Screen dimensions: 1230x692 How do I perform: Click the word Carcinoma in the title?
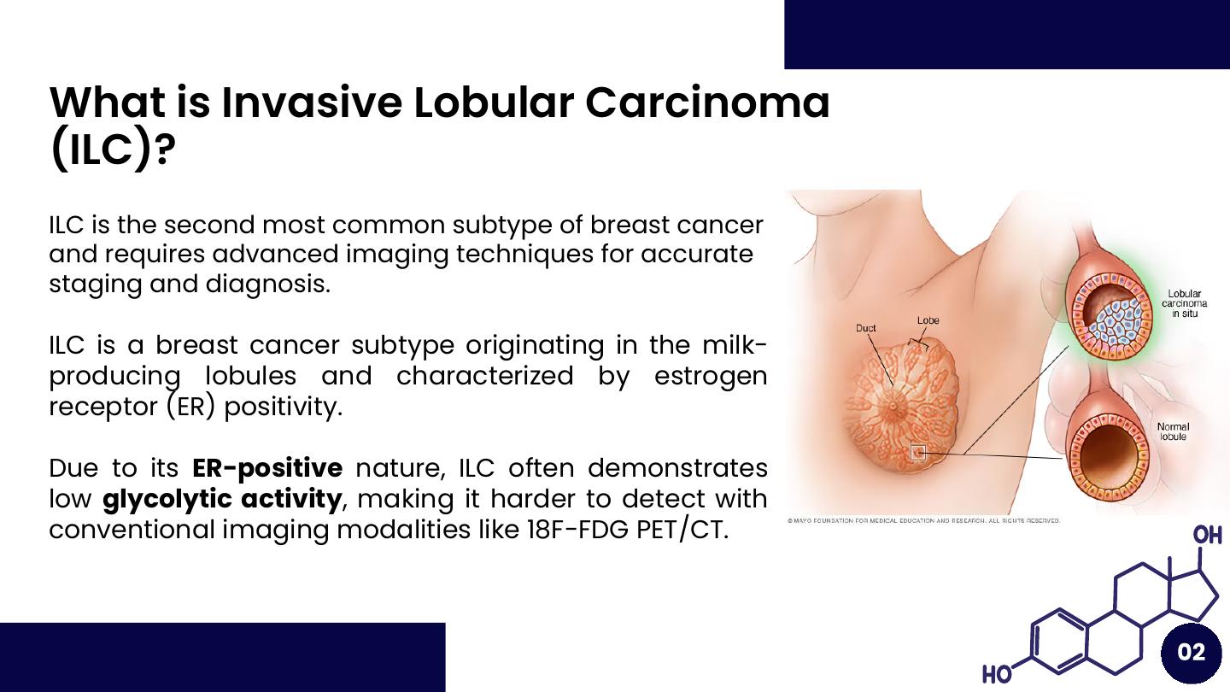pyautogui.click(x=707, y=103)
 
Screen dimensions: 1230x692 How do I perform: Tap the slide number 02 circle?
pyautogui.click(x=1191, y=652)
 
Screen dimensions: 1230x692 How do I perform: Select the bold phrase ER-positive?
pyautogui.click(x=267, y=468)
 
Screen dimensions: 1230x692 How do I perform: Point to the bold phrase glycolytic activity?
pyautogui.click(x=222, y=500)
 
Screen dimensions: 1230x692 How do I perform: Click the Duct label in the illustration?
pyautogui.click(x=865, y=328)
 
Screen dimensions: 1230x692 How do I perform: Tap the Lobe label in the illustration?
pyautogui.click(x=928, y=320)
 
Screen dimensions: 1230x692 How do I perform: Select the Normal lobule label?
pyautogui.click(x=1173, y=431)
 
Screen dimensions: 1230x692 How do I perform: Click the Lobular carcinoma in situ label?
pyautogui.click(x=1184, y=304)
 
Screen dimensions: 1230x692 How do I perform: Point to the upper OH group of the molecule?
pyautogui.click(x=1207, y=535)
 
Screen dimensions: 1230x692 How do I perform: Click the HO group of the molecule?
pyautogui.click(x=997, y=674)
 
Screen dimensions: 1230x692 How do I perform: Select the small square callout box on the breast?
pyautogui.click(x=918, y=453)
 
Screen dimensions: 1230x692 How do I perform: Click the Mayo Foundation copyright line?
pyautogui.click(x=923, y=520)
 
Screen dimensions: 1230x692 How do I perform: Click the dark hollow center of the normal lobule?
pyautogui.click(x=1108, y=458)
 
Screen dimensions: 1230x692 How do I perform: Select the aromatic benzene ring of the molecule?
pyautogui.click(x=1058, y=642)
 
